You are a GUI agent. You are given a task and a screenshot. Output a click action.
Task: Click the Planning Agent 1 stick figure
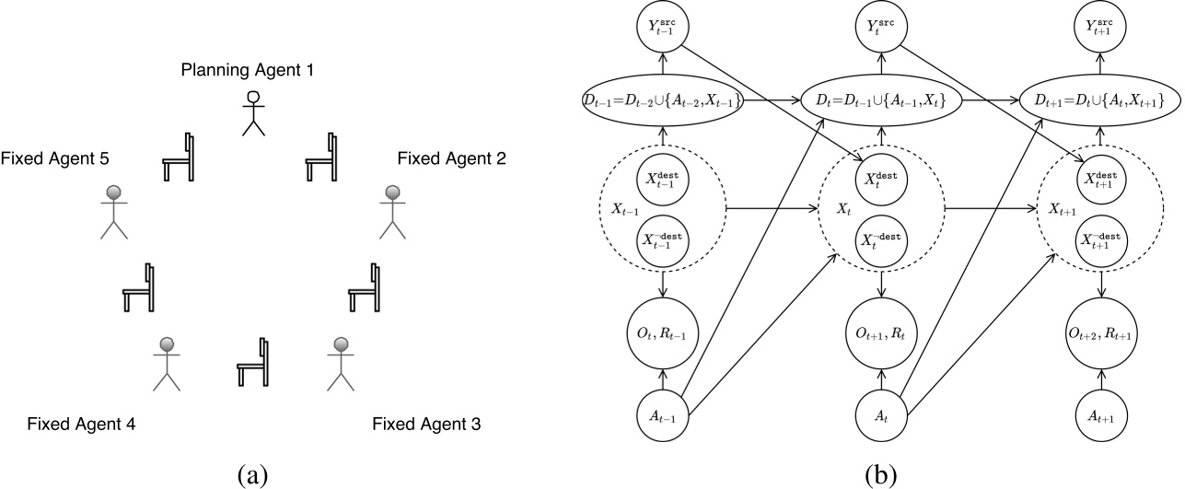pyautogui.click(x=252, y=112)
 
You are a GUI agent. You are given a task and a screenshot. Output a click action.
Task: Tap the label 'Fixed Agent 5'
pyautogui.click(x=56, y=158)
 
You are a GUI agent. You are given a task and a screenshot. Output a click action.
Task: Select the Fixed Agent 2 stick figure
pyautogui.click(x=393, y=213)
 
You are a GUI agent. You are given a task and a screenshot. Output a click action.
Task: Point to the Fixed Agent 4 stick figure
pyautogui.click(x=167, y=367)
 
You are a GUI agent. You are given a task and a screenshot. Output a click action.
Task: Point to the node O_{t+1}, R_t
pyautogui.click(x=883, y=330)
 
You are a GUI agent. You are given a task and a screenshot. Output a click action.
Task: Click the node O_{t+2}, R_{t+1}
pyautogui.click(x=1102, y=330)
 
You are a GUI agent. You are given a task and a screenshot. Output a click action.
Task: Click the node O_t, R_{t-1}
pyautogui.click(x=661, y=330)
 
